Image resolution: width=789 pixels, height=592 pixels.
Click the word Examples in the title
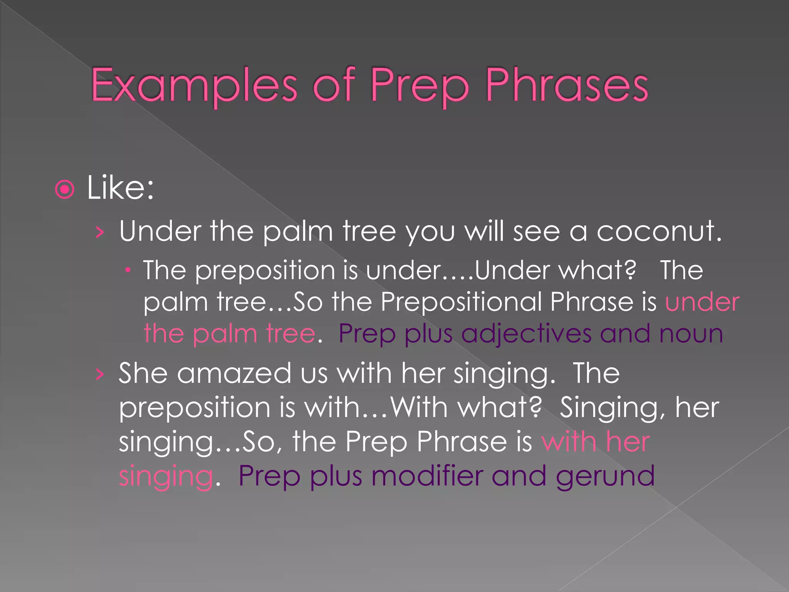point(194,86)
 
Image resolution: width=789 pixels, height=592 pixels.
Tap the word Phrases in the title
point(567,86)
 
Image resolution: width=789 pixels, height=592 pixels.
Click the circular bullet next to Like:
point(64,189)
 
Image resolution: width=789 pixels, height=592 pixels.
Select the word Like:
point(120,188)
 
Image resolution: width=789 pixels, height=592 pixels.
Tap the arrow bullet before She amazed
point(100,374)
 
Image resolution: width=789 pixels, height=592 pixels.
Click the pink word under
point(702,302)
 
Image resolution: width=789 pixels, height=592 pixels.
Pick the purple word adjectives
point(526,334)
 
